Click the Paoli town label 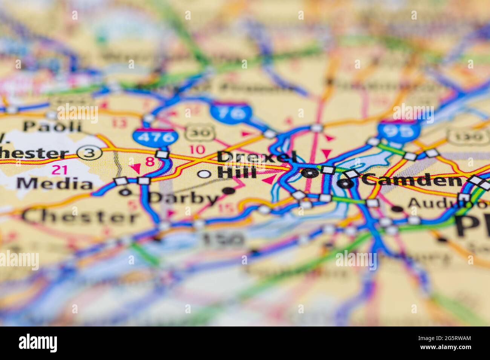52,126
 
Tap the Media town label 55,184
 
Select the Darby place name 184,198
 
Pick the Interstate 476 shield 155,137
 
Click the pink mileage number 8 150,162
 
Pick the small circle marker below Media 126,192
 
